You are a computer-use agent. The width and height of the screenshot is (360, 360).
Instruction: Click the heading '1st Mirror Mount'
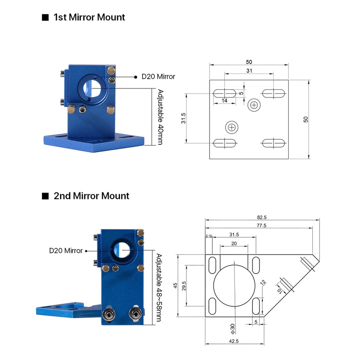(x=89, y=17)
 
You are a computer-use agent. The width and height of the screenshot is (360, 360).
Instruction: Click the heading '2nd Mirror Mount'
(x=91, y=196)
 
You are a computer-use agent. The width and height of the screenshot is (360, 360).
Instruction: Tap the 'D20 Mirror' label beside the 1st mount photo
(x=158, y=76)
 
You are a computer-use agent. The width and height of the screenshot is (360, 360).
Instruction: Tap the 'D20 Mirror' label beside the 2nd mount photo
(x=66, y=250)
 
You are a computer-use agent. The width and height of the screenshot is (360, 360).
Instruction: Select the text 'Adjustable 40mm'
(x=160, y=117)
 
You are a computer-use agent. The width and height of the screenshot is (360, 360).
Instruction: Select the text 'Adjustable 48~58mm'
(x=159, y=288)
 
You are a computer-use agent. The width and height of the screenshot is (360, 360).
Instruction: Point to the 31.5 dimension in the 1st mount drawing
(x=183, y=118)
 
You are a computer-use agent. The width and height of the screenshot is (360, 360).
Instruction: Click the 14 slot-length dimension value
(x=224, y=100)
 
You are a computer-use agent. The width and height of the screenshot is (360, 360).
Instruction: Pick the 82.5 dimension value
(x=262, y=217)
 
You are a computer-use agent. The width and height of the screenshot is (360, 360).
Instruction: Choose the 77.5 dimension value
(x=262, y=226)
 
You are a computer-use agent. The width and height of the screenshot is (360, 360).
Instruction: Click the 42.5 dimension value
(x=234, y=341)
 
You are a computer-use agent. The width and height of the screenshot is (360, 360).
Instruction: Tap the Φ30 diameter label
(x=232, y=329)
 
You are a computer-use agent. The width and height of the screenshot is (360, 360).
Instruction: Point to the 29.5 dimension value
(x=184, y=286)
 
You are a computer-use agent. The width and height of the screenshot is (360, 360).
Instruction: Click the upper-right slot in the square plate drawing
(x=274, y=94)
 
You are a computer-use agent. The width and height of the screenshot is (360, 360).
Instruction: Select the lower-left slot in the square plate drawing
(x=225, y=143)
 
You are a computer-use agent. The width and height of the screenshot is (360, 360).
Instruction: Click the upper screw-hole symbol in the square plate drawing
(x=254, y=105)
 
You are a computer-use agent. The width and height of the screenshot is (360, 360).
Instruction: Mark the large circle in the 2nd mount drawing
(x=234, y=286)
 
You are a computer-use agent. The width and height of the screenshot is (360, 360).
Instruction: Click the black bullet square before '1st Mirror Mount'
(x=45, y=18)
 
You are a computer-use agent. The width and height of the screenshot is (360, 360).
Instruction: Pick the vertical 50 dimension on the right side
(x=306, y=119)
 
